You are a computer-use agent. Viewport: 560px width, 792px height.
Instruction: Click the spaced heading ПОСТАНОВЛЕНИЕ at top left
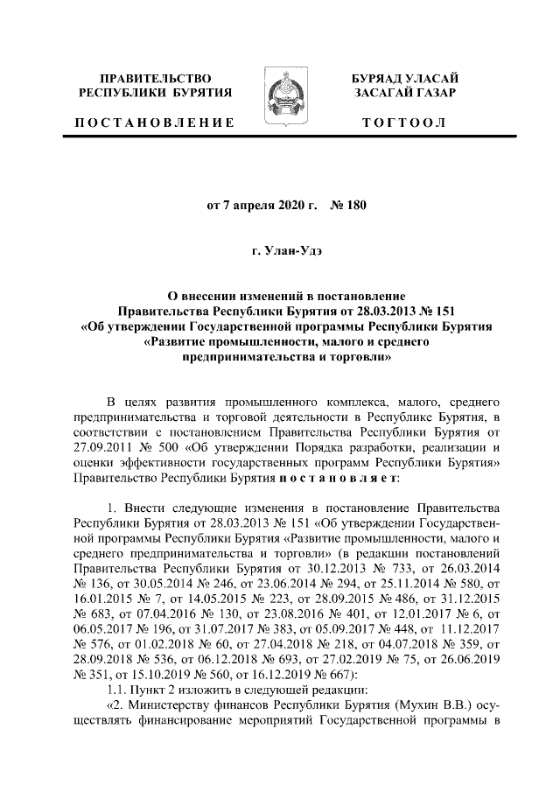154,123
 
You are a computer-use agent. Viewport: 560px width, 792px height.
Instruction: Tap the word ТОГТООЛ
403,123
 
